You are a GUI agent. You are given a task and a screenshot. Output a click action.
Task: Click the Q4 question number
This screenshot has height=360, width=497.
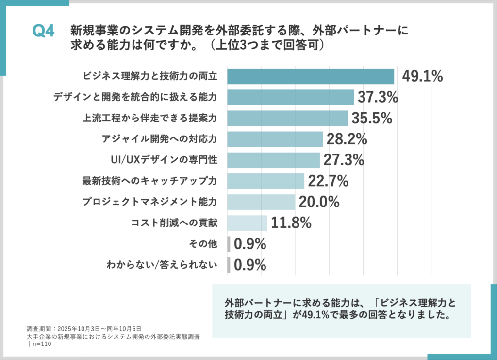pos(43,31)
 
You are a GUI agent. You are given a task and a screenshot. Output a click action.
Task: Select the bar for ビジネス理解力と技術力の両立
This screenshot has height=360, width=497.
pos(311,76)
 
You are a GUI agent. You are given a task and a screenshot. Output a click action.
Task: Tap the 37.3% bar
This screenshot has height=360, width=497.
pos(290,97)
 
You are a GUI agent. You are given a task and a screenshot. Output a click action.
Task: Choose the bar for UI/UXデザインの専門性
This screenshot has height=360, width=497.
pos(273,160)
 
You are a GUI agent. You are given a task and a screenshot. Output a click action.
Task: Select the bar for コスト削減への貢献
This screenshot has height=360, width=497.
pos(247,223)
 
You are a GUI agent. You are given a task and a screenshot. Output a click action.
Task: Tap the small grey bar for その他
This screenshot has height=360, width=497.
pos(229,244)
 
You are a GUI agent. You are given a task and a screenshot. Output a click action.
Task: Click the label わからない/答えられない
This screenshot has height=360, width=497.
pos(162,265)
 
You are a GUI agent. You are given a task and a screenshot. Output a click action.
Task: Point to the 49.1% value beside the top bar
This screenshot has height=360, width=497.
pos(422,76)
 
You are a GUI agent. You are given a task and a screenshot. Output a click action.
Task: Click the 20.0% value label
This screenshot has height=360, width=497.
pos(318,202)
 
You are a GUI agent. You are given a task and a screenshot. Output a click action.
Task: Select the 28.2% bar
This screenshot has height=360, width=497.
pos(275,139)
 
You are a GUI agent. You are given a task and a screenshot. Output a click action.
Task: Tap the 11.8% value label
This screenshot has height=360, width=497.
pos(291,223)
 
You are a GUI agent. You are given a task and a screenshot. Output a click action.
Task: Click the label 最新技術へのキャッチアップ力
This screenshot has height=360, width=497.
pos(149,181)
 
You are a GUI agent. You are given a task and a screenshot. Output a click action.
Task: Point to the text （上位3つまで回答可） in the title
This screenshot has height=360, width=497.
pos(266,45)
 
